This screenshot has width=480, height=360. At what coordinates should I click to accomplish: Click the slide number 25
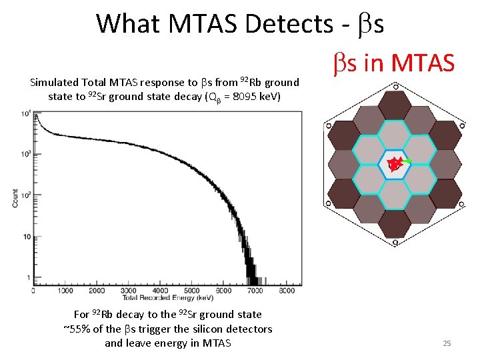(x=447, y=343)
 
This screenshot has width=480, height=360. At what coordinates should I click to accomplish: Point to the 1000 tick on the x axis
(x=65, y=291)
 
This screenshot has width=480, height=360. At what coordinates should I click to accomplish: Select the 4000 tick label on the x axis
(x=159, y=291)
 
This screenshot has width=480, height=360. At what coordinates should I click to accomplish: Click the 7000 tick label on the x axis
(x=254, y=291)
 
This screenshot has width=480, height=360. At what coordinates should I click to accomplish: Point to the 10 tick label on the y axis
(x=26, y=237)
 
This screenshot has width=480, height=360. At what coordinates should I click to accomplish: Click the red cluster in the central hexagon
(x=395, y=163)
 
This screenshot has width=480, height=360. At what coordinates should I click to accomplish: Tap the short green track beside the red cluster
(x=406, y=162)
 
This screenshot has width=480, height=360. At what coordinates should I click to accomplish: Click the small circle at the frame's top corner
(x=395, y=86)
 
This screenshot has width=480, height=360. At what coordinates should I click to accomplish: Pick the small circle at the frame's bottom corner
(x=395, y=243)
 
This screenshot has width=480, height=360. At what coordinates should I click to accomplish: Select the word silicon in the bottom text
(x=201, y=329)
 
